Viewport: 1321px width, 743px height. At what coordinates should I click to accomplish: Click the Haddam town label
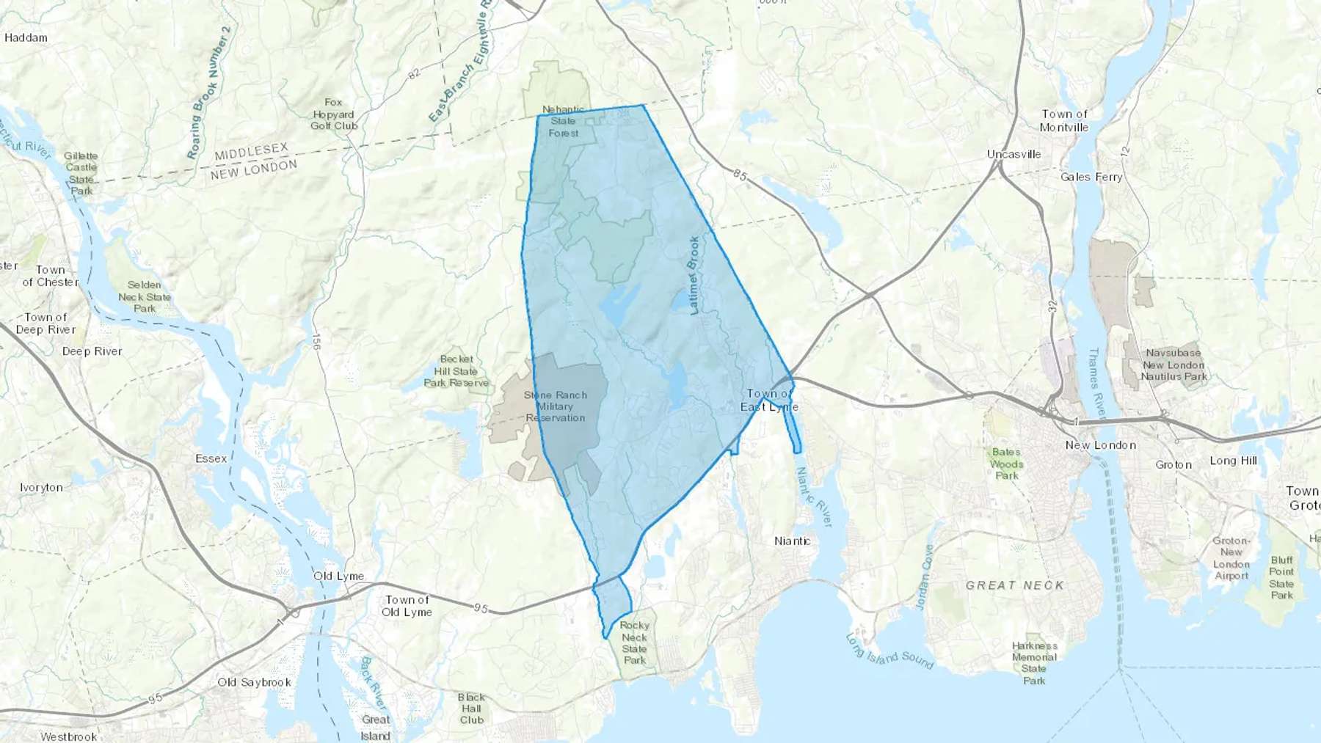26,37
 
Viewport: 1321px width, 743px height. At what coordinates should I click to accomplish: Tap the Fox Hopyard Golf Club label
334,114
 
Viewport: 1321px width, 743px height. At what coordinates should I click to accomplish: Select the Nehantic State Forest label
564,121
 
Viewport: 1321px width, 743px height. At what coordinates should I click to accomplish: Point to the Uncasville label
1014,154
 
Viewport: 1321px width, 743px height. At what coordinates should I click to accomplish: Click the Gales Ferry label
1091,177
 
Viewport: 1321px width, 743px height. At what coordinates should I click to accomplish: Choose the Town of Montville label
1064,120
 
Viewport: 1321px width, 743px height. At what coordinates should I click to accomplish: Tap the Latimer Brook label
694,276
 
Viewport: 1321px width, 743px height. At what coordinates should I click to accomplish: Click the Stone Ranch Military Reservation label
556,406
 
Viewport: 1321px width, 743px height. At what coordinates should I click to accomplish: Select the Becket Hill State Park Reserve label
456,371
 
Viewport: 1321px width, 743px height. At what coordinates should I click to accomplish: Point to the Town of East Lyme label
769,400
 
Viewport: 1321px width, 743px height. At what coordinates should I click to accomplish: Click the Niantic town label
793,541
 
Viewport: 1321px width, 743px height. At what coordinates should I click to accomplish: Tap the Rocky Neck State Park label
635,643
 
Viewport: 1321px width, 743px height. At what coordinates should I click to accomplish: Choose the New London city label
1100,445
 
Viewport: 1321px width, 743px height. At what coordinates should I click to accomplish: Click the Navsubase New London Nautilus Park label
1173,365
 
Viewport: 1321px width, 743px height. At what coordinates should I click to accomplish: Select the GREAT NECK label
1014,585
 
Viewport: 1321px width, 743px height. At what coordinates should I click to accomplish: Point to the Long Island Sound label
889,651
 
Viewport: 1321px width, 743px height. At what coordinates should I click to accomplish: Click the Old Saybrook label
254,682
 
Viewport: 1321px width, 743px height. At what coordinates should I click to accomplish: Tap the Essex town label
211,458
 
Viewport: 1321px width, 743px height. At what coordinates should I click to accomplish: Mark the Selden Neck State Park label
145,297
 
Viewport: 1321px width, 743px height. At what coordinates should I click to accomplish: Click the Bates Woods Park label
1006,464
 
